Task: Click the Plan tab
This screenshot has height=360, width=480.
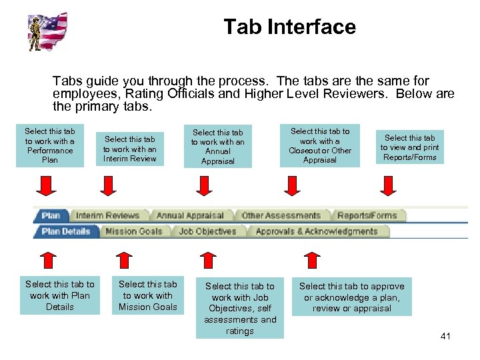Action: [51, 215]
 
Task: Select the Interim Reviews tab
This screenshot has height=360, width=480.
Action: [107, 215]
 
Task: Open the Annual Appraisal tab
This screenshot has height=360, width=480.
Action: [190, 215]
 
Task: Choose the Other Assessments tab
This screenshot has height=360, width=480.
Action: [281, 215]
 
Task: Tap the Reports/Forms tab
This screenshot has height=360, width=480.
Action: [367, 215]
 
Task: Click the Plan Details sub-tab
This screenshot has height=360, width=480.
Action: [65, 231]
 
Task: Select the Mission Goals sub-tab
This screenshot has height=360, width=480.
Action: [133, 231]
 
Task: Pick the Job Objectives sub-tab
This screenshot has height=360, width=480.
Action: [207, 231]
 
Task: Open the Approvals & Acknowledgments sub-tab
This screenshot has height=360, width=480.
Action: [316, 231]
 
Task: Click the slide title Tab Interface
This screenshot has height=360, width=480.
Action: [289, 27]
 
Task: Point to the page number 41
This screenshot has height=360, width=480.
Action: [445, 336]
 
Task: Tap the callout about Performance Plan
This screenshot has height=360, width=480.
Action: [50, 145]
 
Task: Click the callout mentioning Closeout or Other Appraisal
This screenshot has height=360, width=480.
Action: [319, 145]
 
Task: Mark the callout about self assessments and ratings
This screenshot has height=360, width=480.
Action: [239, 308]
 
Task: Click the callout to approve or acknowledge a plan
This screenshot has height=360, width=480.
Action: [351, 297]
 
